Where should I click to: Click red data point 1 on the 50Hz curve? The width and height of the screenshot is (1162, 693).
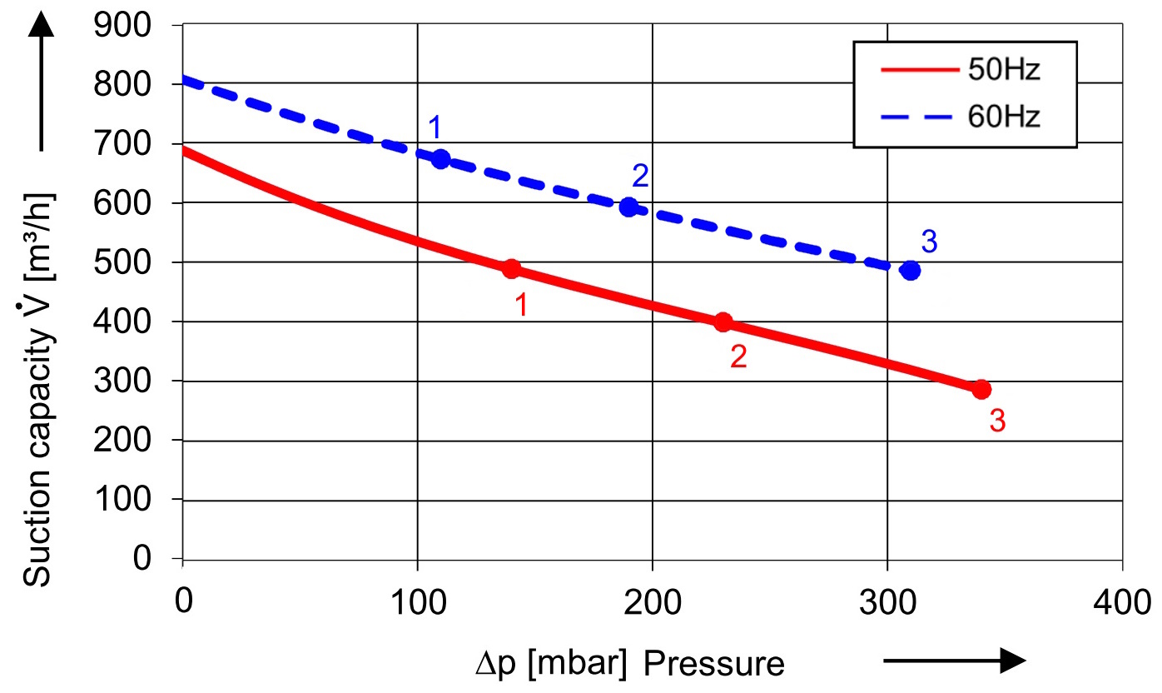click(x=511, y=269)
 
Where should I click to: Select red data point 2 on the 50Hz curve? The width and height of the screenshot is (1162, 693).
click(x=723, y=322)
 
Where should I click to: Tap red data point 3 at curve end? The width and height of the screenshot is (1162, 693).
click(x=982, y=389)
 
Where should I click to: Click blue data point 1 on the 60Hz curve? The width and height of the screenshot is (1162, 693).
click(x=441, y=158)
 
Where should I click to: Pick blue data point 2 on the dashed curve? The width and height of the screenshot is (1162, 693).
click(x=629, y=207)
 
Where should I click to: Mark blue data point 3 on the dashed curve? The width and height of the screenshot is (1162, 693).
click(x=911, y=270)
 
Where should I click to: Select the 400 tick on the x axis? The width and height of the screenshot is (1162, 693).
click(x=1123, y=601)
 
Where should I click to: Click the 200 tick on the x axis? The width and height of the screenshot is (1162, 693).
click(x=653, y=601)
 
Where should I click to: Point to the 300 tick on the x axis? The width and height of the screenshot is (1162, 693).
click(x=887, y=601)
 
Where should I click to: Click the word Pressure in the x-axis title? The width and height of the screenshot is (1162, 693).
click(x=713, y=664)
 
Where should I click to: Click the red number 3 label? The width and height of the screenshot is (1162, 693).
click(x=998, y=421)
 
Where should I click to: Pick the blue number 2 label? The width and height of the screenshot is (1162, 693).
click(x=639, y=176)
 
